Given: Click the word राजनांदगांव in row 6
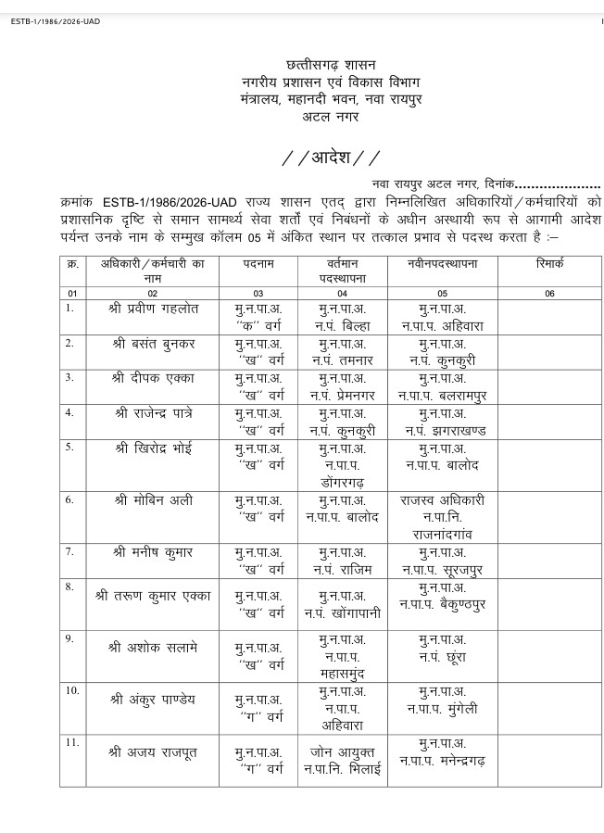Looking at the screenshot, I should click(441, 535).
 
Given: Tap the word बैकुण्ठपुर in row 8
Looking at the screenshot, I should click(465, 603).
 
